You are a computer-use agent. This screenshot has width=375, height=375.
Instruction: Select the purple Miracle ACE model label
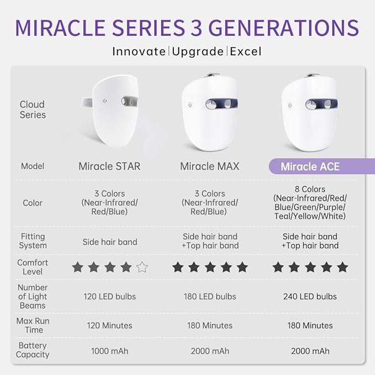tap(310, 166)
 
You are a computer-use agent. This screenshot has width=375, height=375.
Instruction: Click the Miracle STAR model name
tap(109, 166)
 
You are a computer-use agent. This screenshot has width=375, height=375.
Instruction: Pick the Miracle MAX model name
tap(210, 166)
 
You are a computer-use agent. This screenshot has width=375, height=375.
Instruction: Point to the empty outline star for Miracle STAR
tap(142, 267)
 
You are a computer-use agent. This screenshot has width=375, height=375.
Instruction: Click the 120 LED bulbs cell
tap(109, 297)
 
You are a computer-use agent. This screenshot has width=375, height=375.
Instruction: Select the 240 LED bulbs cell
tap(310, 297)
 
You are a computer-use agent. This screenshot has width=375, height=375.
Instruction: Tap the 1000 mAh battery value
tap(109, 351)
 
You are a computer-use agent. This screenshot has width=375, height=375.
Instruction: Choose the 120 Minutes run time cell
tap(109, 325)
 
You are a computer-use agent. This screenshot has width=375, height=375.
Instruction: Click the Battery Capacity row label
tap(33, 350)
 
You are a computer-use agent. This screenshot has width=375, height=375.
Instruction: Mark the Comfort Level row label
tap(33, 267)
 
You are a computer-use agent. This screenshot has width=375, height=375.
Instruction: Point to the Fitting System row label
tap(33, 241)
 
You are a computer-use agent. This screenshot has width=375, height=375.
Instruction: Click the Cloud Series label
tap(33, 109)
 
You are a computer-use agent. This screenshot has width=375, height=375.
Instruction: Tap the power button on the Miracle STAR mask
tap(105, 101)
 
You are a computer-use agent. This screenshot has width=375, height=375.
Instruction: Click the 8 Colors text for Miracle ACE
tap(310, 189)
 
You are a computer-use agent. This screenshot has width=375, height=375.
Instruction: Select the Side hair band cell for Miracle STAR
tap(109, 242)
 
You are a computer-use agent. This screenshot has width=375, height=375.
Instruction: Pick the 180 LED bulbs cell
tap(210, 297)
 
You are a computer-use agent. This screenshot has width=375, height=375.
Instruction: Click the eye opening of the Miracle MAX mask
tap(220, 104)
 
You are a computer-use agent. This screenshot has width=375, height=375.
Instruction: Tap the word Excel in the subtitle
tap(246, 52)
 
